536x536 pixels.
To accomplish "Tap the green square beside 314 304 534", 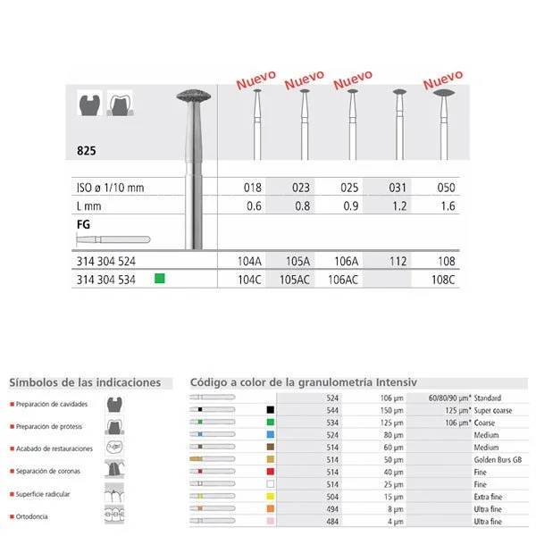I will pos(160,280).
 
